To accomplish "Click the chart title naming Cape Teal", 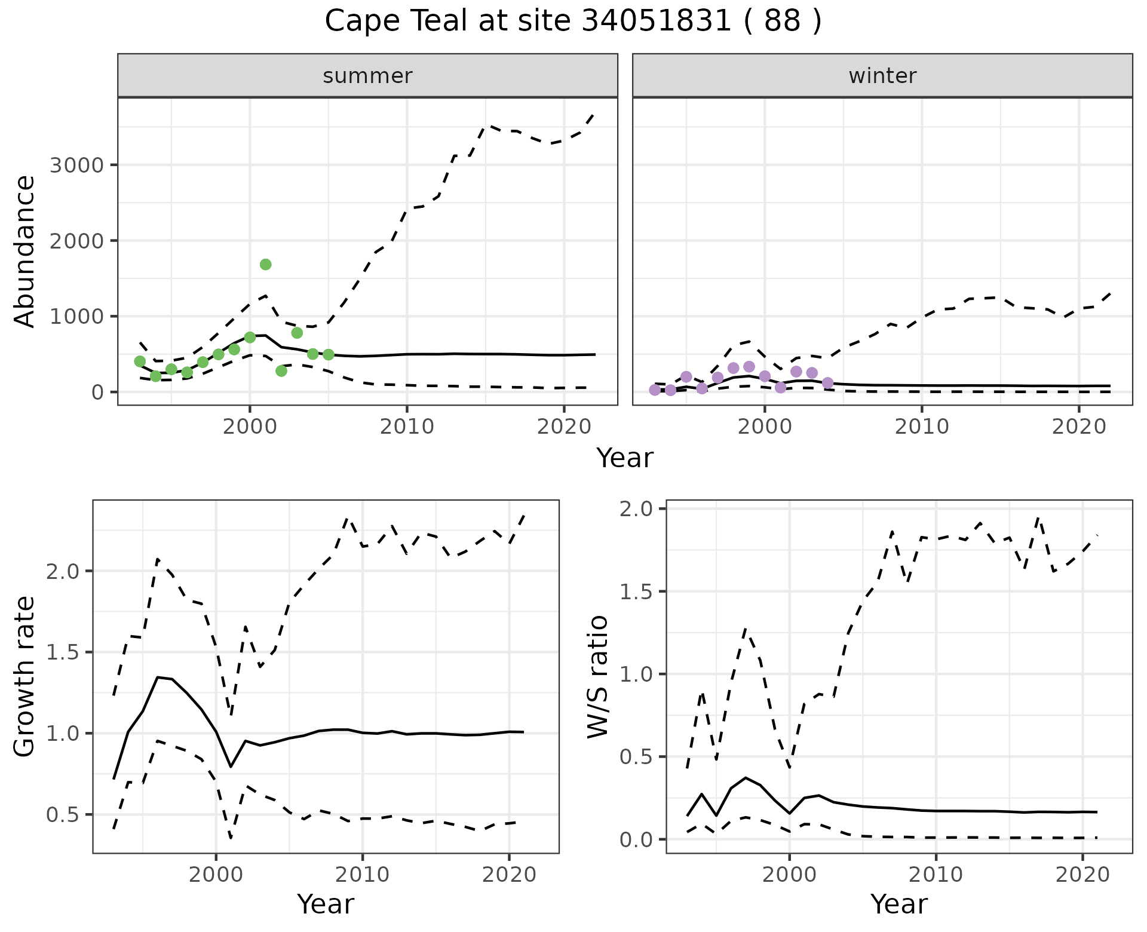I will point(573,22).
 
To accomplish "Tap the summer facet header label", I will point(367,76).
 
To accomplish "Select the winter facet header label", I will point(882,76).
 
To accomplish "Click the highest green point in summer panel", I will point(266,265).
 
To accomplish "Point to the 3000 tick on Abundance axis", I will point(76,165).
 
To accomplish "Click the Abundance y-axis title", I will point(25,251).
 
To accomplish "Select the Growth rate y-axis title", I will point(25,676).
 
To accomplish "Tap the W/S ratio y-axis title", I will point(597,676).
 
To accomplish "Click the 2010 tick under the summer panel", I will point(407,427).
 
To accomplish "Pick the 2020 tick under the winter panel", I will point(1079,427).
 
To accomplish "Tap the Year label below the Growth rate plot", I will point(326,904).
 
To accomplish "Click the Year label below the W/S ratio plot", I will point(899,904).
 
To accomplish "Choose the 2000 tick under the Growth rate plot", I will point(216,875).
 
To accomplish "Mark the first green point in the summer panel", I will point(140,361).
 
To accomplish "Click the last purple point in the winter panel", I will point(827,383).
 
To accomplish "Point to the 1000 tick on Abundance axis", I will point(76,317).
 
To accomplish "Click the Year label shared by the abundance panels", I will point(625,458).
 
